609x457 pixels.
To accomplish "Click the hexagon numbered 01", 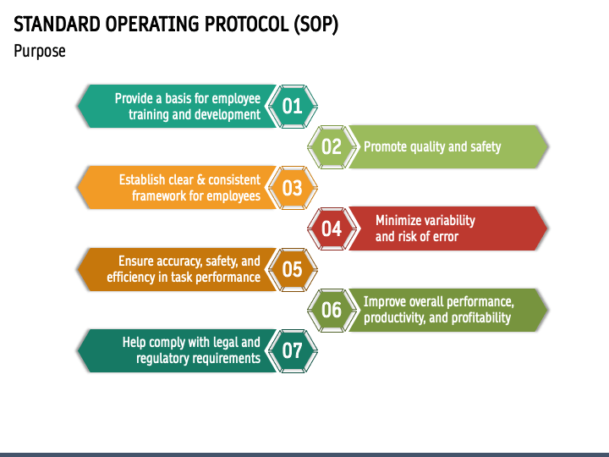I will click(x=292, y=107).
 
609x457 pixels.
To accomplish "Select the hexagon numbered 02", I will click(x=332, y=147).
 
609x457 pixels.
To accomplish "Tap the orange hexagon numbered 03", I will click(x=292, y=188).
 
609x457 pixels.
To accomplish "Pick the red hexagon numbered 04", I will click(x=332, y=228).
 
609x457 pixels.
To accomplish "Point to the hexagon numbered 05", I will click(x=292, y=269).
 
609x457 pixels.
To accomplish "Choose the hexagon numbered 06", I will click(x=332, y=310).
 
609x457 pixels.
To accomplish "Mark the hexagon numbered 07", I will click(x=292, y=350).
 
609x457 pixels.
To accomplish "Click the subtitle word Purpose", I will click(x=40, y=52).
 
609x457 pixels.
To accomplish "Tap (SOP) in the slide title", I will click(x=317, y=25).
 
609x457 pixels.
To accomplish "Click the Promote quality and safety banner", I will click(x=432, y=147).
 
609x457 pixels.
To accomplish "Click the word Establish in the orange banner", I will click(x=142, y=179).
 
